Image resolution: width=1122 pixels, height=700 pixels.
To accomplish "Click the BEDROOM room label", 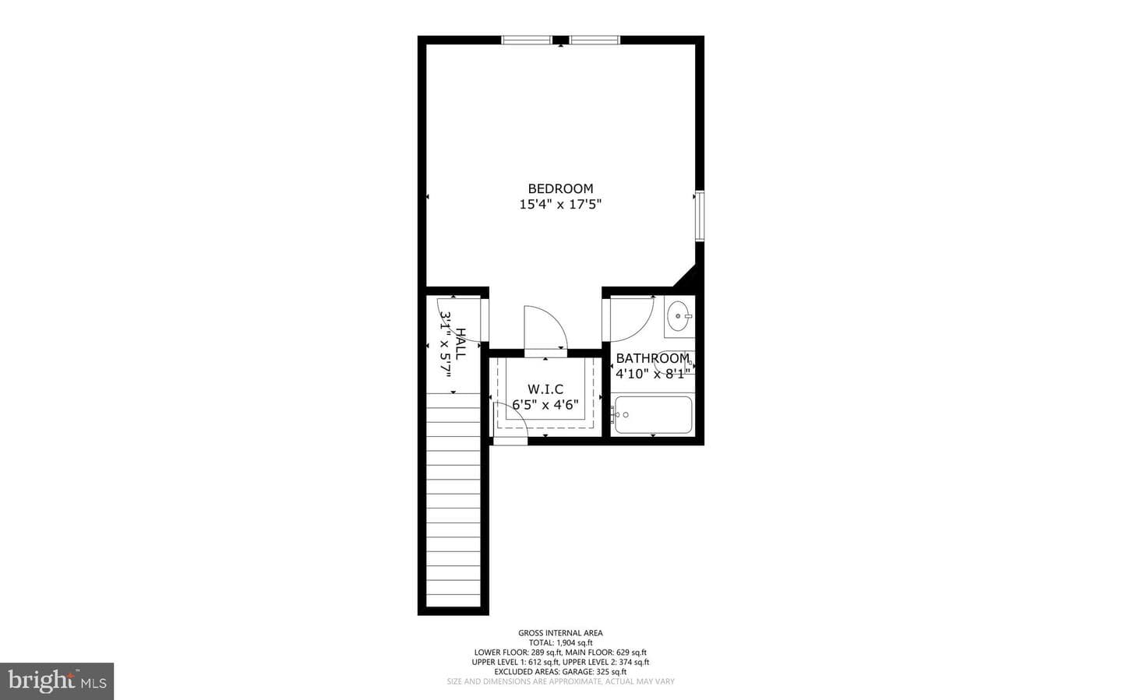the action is (x=560, y=188).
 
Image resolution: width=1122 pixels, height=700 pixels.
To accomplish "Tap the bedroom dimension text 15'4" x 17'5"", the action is (x=560, y=204).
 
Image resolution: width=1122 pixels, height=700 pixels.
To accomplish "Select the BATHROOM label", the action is (x=653, y=358).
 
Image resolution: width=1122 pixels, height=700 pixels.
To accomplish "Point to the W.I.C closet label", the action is (x=545, y=389).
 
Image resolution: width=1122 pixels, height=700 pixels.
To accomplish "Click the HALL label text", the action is (x=460, y=343).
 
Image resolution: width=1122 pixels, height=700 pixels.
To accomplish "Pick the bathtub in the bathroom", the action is (x=653, y=414).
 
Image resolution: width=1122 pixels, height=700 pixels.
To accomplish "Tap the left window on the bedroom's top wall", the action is (x=527, y=40).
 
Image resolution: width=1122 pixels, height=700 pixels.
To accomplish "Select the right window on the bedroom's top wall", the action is (x=595, y=40).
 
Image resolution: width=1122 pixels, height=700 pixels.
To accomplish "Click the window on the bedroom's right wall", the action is (x=700, y=216).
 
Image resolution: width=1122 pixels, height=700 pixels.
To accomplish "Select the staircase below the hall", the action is (x=453, y=500).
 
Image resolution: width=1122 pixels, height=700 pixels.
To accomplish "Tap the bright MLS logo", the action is (x=57, y=681).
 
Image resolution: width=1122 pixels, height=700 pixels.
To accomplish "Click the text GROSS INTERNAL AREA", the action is (x=560, y=633).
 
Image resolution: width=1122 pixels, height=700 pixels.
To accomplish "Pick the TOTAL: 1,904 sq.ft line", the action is (x=560, y=643).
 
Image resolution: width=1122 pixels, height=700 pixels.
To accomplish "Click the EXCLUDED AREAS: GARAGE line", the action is (x=560, y=672).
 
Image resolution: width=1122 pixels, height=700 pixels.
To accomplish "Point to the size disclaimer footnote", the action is (x=560, y=681).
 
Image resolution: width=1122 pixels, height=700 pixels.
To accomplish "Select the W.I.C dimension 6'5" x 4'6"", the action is (x=545, y=405).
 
